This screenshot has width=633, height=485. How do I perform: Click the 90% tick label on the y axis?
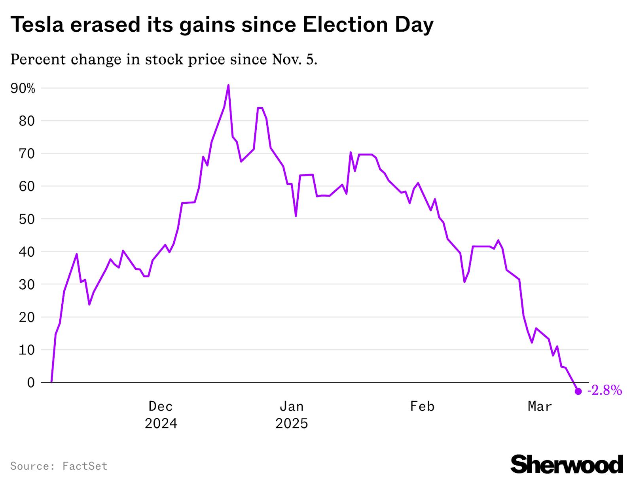coord(23,89)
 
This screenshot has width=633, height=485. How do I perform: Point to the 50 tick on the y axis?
coord(27,219)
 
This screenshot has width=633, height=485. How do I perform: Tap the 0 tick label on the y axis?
coord(31,383)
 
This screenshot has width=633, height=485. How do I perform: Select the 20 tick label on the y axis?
coord(27,317)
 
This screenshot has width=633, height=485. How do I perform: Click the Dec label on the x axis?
coord(161,406)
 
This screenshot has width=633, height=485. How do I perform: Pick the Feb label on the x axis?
coord(422,406)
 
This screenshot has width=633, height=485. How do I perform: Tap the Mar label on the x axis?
coord(540,406)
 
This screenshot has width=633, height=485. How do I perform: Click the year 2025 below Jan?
coord(292,424)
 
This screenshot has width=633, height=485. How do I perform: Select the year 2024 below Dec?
coord(161,424)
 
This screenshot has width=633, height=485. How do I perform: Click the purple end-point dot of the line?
coord(578,391)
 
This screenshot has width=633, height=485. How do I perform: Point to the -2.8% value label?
coord(605,391)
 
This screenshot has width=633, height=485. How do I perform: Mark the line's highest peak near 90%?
coord(228,85)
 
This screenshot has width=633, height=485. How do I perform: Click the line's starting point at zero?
coord(51,382)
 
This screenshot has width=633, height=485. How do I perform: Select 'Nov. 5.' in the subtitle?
coord(295,59)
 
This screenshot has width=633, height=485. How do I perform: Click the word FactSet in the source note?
coord(85,466)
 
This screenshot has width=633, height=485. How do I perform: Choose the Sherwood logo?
coord(567,464)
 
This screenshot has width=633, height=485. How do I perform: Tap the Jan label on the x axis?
coord(292,406)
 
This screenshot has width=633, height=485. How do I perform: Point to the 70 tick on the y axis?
coord(27,153)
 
